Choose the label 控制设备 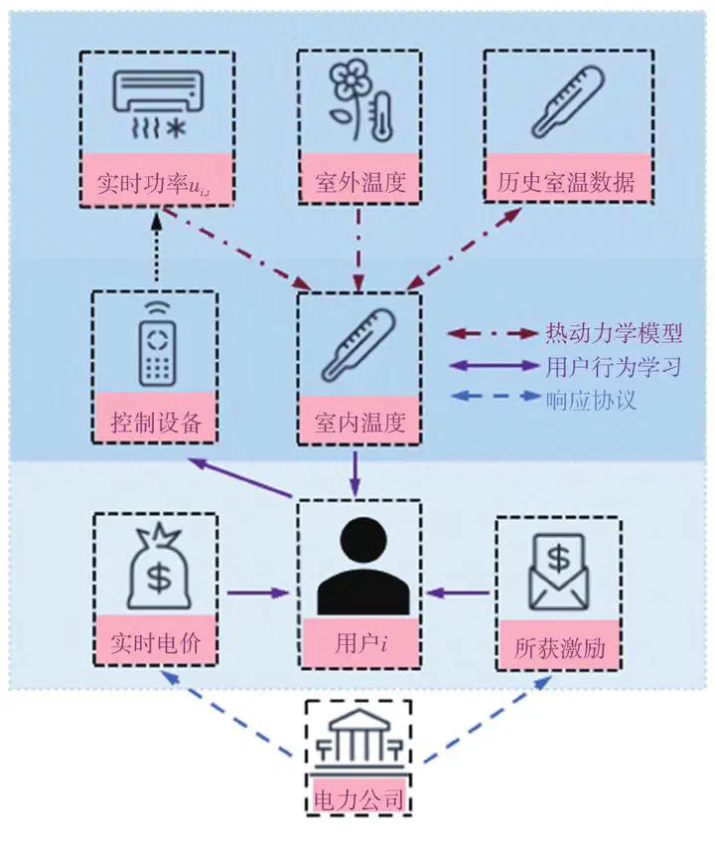pos(154,425)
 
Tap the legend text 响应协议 pos(592,400)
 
